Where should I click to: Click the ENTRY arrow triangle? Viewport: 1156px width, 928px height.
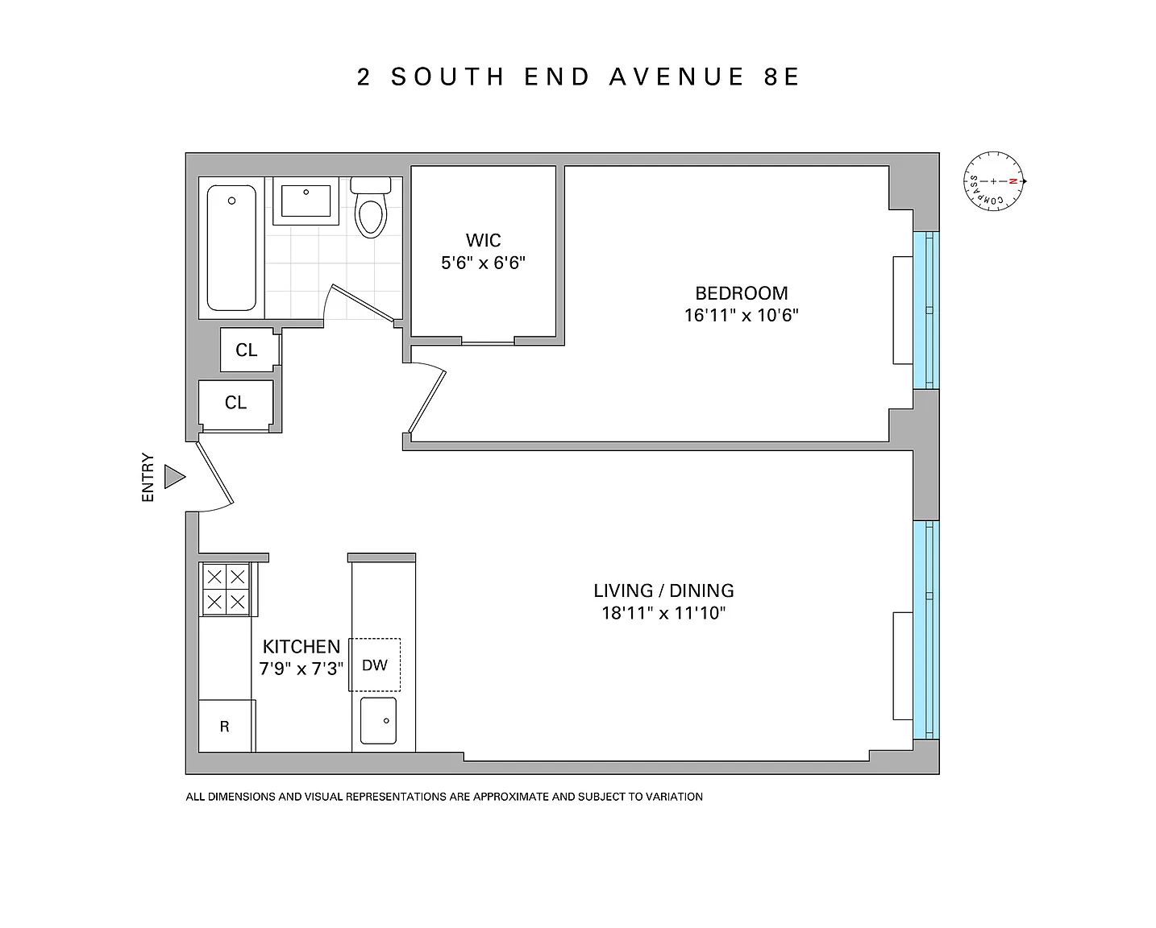[x=173, y=477]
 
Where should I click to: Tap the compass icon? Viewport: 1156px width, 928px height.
[x=994, y=181]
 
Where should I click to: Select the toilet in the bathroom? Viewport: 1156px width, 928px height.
[x=371, y=207]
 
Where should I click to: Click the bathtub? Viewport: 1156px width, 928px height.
[x=231, y=248]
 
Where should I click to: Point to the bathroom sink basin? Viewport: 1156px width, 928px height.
[x=306, y=201]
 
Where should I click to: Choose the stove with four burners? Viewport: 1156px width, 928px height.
[x=227, y=589]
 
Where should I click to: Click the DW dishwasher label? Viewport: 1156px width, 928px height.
[x=374, y=665]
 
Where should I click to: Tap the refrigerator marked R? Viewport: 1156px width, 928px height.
[x=225, y=726]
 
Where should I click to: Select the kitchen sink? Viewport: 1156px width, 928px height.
[x=378, y=720]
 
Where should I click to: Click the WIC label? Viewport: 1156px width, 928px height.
[x=484, y=240]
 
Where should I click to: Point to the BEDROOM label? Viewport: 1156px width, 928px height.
[x=742, y=293]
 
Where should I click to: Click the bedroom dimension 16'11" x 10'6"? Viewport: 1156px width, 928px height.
[x=742, y=315]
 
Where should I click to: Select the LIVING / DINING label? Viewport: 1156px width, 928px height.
[x=663, y=590]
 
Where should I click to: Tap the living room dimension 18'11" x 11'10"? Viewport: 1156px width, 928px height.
[x=663, y=613]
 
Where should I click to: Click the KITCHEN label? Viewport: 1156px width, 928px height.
[x=301, y=646]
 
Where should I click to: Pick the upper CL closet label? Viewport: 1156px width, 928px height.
[x=247, y=350]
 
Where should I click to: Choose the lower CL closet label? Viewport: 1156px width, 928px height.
[x=236, y=403]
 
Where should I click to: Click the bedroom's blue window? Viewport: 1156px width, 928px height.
[x=926, y=310]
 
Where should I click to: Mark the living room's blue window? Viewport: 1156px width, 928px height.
[x=926, y=630]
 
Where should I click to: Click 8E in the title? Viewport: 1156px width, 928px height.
[x=782, y=77]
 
